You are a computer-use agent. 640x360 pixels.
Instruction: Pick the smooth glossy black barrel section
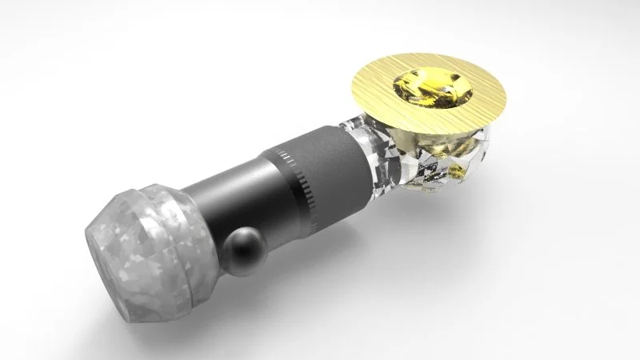(x=232, y=200)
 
